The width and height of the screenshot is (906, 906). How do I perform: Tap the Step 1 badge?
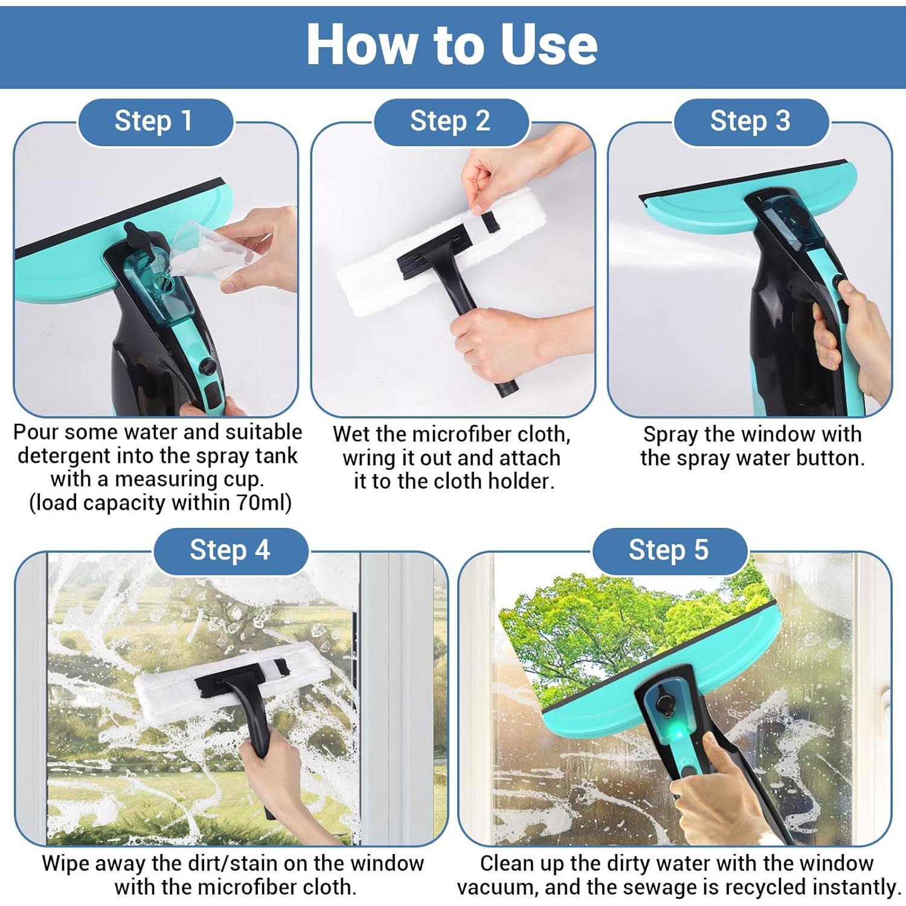155,121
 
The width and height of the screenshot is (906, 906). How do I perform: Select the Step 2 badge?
451,121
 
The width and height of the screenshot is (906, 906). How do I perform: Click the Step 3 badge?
751,121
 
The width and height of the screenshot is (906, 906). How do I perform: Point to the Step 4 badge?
230,550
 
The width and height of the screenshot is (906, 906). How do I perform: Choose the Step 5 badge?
669,550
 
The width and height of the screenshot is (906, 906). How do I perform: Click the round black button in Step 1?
207,366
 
